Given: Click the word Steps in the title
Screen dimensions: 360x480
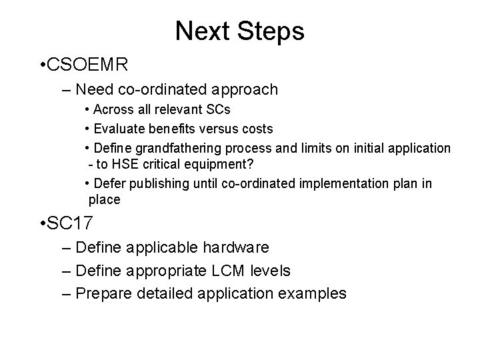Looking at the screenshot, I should coord(271,30).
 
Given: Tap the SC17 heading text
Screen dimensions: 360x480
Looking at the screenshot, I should coord(74,224).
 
